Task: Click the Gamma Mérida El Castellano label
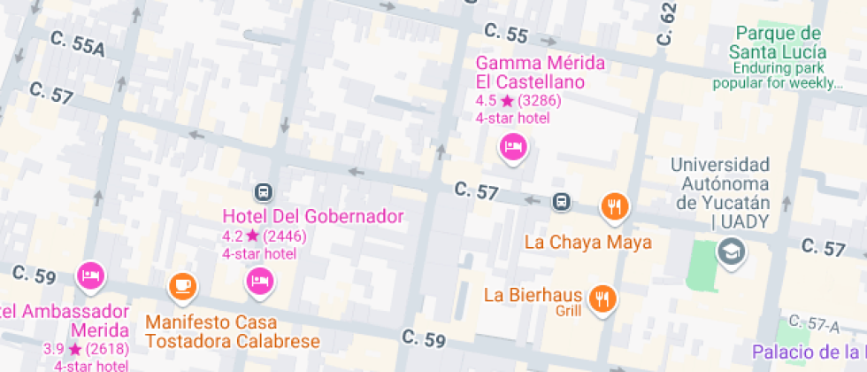(540, 73)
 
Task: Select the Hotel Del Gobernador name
(312, 216)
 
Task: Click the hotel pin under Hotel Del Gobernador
(259, 281)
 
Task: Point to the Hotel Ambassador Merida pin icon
(90, 275)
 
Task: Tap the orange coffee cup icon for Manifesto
(182, 284)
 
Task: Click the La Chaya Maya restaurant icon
(614, 206)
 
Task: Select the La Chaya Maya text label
(587, 242)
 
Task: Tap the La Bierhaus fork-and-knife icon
(604, 297)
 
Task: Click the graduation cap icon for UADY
(732, 253)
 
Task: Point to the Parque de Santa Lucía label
(777, 43)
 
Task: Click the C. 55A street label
(78, 44)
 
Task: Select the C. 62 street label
(666, 23)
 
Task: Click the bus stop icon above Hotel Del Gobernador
(263, 191)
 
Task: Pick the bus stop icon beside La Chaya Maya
(561, 202)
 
